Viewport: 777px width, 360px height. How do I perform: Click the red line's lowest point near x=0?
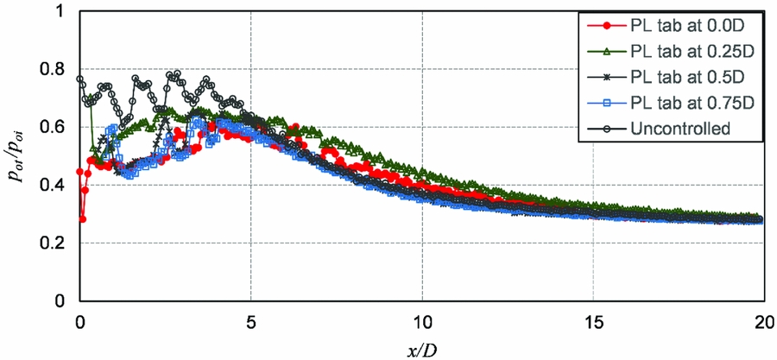(83, 219)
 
